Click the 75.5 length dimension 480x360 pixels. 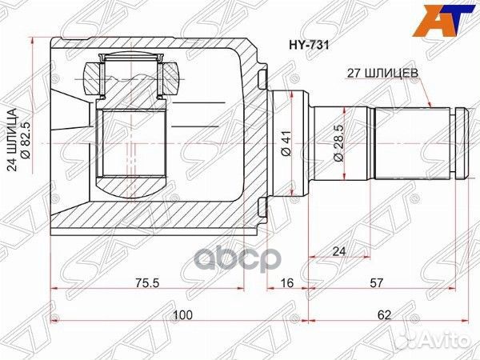coord(148,282)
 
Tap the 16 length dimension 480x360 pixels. coord(286,282)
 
